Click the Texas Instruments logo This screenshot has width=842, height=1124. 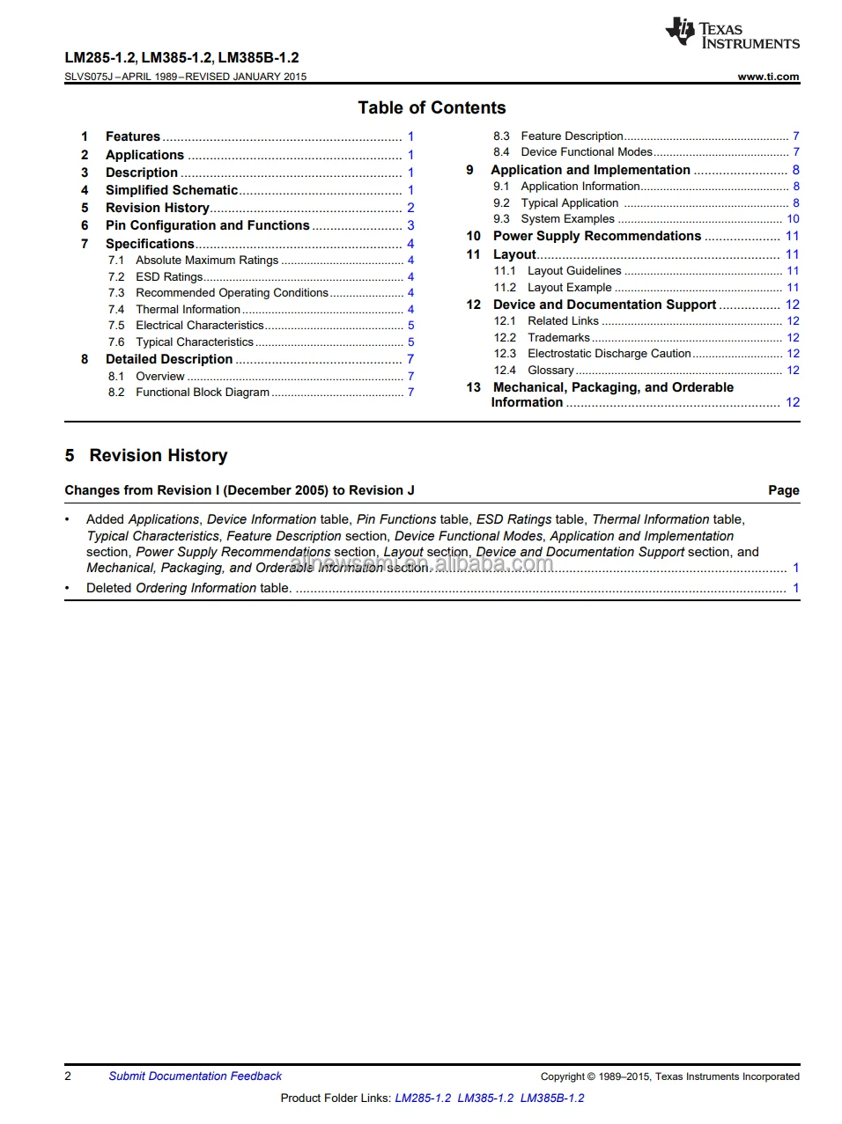pos(732,33)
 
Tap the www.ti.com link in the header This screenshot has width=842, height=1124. pos(768,77)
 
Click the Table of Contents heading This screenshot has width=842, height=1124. pos(432,108)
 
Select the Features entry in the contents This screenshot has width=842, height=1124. pos(133,136)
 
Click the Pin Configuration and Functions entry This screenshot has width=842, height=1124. pos(207,225)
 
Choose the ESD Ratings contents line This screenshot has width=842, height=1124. pos(169,276)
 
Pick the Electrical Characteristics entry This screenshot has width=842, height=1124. pos(199,325)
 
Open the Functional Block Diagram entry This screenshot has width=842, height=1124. pos(202,392)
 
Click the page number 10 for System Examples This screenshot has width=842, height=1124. pos(793,218)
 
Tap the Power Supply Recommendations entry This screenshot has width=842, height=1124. pos(596,236)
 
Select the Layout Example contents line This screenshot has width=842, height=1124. pos(569,287)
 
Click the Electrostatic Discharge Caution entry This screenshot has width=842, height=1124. pos(609,353)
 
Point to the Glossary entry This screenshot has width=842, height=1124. pos(550,370)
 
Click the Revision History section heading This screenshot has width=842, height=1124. pos(158,455)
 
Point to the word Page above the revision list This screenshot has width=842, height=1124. pos(783,490)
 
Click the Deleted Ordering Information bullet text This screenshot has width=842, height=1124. pos(188,588)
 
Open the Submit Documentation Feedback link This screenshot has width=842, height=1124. pos(195,1076)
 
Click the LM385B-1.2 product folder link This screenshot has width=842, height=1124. pos(551,1098)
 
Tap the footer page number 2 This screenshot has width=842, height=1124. pos(68,1076)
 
